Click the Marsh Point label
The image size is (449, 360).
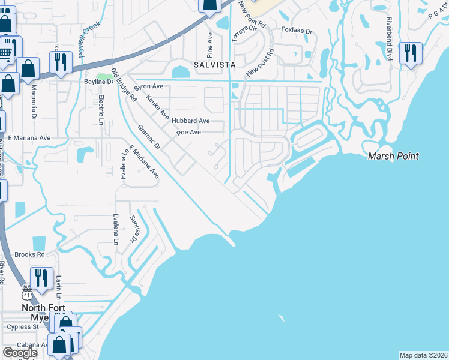(393, 156)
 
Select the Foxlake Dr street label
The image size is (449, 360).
(298, 31)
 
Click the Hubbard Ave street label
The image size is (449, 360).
(190, 121)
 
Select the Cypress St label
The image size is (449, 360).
(22, 327)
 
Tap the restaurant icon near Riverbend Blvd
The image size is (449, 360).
(411, 53)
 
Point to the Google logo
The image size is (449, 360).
(20, 352)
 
